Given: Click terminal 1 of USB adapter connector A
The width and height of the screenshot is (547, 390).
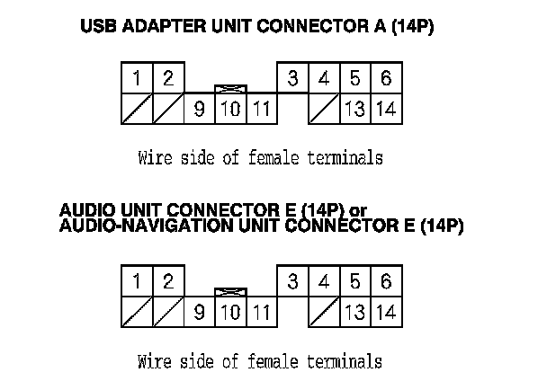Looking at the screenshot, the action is (x=136, y=78).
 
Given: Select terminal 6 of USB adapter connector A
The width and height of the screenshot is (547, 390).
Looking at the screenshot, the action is (x=385, y=78).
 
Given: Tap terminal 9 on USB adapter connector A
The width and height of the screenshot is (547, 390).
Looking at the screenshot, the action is (x=199, y=110).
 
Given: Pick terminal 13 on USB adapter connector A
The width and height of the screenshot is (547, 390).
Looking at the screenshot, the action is (x=354, y=110).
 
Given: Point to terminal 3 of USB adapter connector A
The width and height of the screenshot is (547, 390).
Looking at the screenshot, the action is (x=292, y=78).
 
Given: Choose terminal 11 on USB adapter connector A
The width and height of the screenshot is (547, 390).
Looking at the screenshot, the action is (x=261, y=110).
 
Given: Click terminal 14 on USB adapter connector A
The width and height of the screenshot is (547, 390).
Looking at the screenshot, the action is (x=386, y=110).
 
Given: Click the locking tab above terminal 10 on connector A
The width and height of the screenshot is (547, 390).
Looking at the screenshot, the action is (x=230, y=90).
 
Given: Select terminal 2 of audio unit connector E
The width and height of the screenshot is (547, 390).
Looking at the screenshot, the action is (x=167, y=281).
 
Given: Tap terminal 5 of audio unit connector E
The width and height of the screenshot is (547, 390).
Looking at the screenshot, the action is (x=354, y=281).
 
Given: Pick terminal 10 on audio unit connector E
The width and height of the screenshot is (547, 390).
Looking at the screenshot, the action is (x=230, y=313).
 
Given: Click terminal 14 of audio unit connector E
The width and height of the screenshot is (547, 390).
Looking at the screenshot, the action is (x=386, y=313).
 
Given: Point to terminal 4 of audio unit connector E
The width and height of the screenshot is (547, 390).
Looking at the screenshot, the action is (x=323, y=281).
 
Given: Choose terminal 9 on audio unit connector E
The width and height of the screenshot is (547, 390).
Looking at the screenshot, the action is (x=199, y=313).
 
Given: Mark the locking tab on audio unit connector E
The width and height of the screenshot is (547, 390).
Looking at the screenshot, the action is (x=230, y=293).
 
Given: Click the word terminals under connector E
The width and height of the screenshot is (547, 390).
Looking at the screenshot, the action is (x=345, y=362).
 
